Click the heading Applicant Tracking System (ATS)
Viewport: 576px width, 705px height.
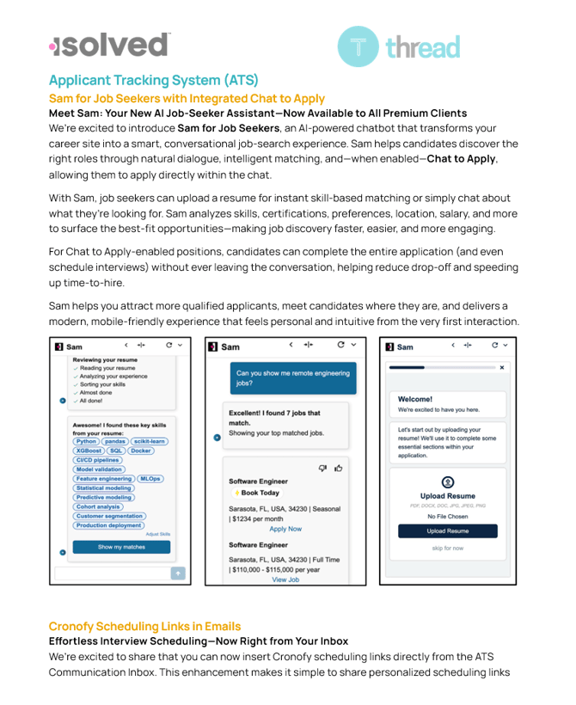coord(141,81)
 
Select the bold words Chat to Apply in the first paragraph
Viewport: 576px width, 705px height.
coord(461,159)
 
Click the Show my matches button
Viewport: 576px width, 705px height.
coord(121,547)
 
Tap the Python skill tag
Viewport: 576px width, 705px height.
coord(86,441)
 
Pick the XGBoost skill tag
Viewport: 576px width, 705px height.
coord(89,451)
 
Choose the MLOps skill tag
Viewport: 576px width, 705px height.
coord(150,479)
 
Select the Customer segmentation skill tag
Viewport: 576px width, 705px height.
coord(109,516)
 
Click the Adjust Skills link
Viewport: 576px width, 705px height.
coord(158,534)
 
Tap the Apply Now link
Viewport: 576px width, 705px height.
coord(285,529)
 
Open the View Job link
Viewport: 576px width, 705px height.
coord(285,579)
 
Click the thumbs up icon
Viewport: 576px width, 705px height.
coord(338,468)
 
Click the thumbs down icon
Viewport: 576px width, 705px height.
coord(323,468)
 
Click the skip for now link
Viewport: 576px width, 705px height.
coord(447,548)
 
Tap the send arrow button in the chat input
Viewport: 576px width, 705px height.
coord(178,573)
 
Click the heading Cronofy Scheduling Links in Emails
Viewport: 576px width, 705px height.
coord(144,626)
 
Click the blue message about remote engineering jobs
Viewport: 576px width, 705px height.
coord(292,378)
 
